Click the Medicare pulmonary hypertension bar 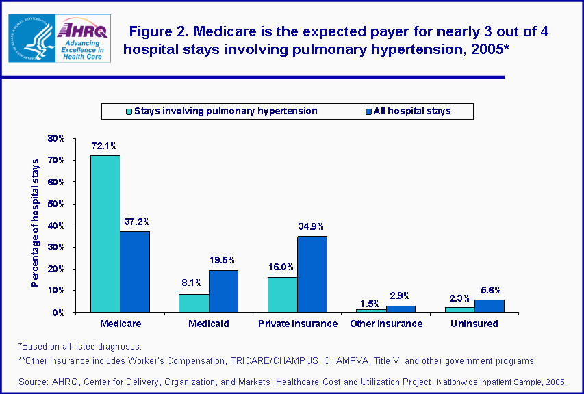point(105,233)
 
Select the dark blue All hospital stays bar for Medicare point(134,272)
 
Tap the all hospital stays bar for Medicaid point(223,291)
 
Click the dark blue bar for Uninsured point(490,306)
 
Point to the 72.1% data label point(105,146)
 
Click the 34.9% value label point(312,226)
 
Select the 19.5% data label point(223,260)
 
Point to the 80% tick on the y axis point(56,138)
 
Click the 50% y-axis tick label point(56,204)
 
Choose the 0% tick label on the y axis point(58,313)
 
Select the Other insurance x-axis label point(386,324)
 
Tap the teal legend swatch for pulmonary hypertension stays point(128,111)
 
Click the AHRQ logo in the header point(82,38)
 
